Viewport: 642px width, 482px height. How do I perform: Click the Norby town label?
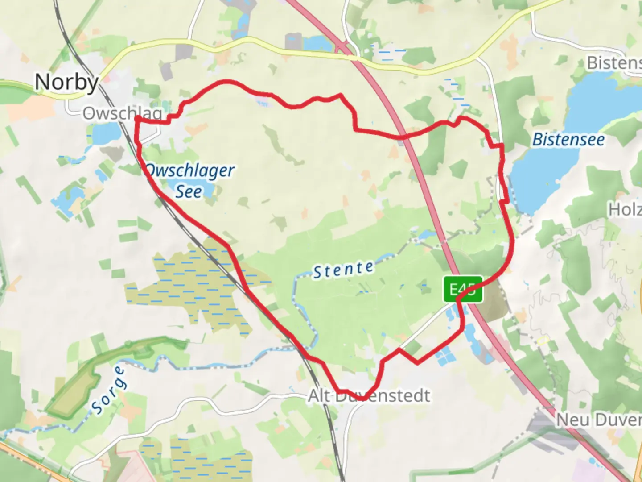[x=67, y=82]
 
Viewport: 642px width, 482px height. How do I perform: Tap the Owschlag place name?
[x=122, y=113]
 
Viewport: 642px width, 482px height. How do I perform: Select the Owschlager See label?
[x=189, y=181]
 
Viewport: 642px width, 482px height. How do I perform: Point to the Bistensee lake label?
[x=568, y=140]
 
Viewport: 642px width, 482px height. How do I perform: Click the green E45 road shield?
[x=463, y=289]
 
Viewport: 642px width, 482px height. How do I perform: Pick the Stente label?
[x=343, y=270]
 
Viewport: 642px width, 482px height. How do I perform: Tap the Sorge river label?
[x=109, y=390]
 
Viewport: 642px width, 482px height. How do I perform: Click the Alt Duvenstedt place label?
[x=369, y=395]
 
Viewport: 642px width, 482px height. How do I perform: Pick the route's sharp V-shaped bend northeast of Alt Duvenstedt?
[x=417, y=362]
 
